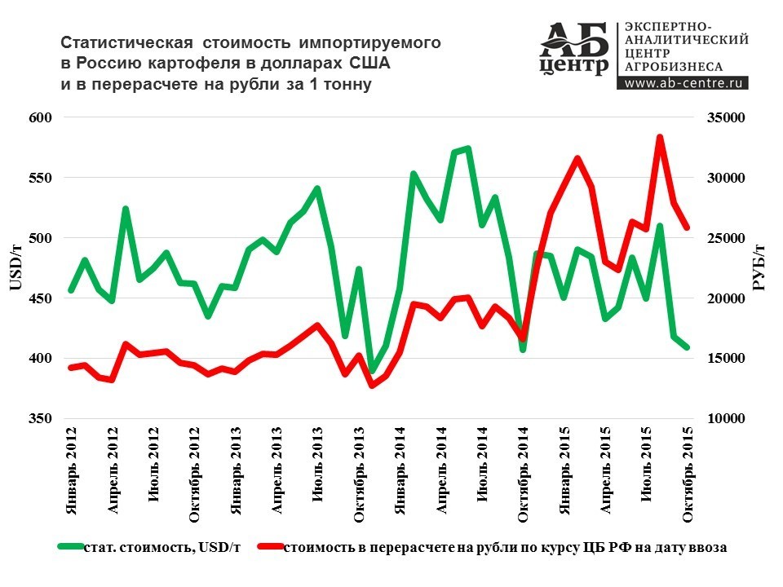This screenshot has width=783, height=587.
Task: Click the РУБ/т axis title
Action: pos(758,267)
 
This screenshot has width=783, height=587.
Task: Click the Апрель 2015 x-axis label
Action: pos(605,470)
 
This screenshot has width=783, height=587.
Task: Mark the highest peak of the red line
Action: pos(660,138)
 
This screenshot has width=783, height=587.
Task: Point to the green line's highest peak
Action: pos(467,148)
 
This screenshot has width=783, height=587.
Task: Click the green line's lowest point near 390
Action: pos(373,371)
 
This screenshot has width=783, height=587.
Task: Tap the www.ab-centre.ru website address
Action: pos(683,82)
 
